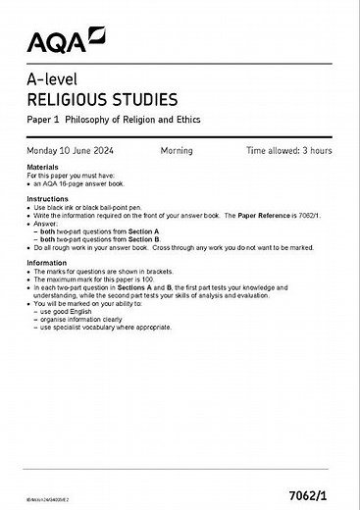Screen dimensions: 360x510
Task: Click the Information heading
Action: coord(47,263)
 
